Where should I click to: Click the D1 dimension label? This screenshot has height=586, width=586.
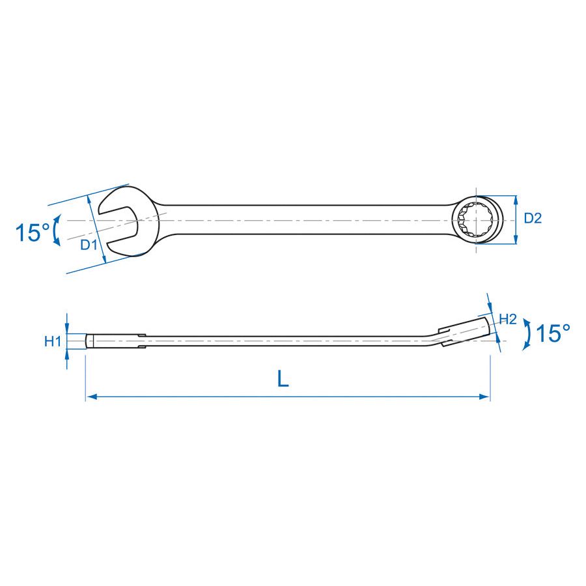coord(89,245)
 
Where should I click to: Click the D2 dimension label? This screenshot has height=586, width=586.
coord(533,219)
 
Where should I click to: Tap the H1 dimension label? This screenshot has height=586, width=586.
coord(53,341)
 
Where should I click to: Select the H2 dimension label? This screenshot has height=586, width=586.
coord(508,319)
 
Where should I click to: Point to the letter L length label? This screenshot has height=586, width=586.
coord(283,379)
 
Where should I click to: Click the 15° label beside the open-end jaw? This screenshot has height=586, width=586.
coord(33,232)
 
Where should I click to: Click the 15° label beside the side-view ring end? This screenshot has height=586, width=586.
coord(553,334)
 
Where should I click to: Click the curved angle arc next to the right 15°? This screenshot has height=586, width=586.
coord(526,335)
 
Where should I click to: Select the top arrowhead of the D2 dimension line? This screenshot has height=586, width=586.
coord(516,199)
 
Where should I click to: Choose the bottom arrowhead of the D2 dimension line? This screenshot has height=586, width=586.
coord(516,242)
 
